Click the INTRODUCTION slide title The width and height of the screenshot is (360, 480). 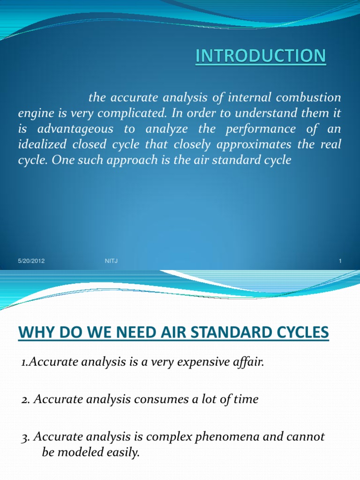click(260, 56)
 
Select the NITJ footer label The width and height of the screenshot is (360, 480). click(111, 261)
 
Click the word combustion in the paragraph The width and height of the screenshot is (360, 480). click(315, 98)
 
